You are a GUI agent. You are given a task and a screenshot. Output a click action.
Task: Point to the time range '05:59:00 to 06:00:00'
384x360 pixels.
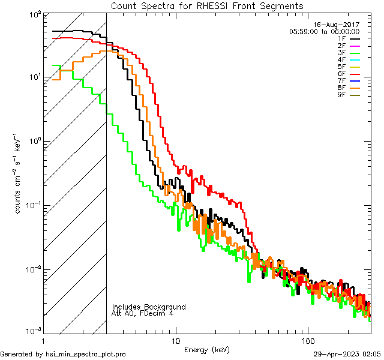(x=324, y=31)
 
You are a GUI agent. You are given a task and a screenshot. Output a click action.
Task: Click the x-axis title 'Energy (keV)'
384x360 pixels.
(x=206, y=349)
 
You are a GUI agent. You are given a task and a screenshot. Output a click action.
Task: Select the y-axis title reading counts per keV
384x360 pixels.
(x=19, y=173)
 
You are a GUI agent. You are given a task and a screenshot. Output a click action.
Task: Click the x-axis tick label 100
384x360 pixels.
(x=308, y=340)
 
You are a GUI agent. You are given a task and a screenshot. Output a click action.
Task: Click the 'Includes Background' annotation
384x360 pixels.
(x=149, y=307)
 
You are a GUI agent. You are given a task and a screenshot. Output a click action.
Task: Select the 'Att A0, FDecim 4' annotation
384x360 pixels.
(x=143, y=313)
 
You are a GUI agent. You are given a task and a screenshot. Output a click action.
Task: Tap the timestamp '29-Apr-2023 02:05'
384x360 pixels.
(x=347, y=354)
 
